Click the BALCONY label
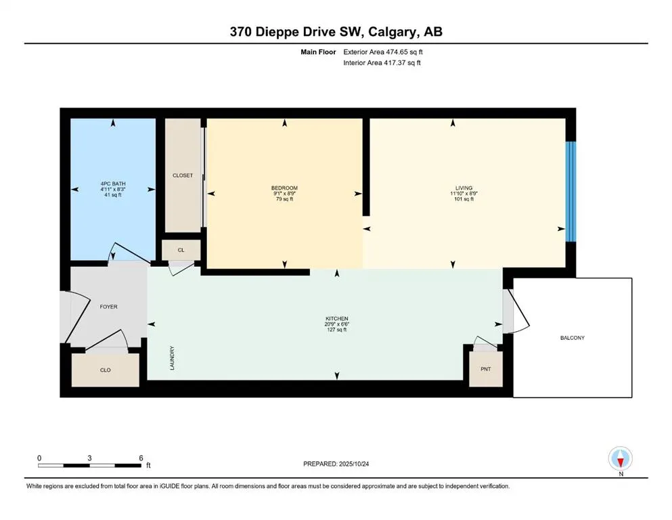click(x=572, y=337)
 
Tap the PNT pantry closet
click(x=486, y=370)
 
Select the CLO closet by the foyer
click(x=106, y=370)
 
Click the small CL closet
click(x=181, y=250)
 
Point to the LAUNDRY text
click(x=173, y=358)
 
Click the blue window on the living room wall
click(x=571, y=192)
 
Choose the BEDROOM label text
click(x=284, y=188)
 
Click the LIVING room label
click(x=464, y=188)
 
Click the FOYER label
click(x=108, y=307)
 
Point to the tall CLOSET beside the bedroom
click(x=183, y=175)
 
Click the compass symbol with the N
click(x=621, y=460)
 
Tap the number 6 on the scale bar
click(x=140, y=458)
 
